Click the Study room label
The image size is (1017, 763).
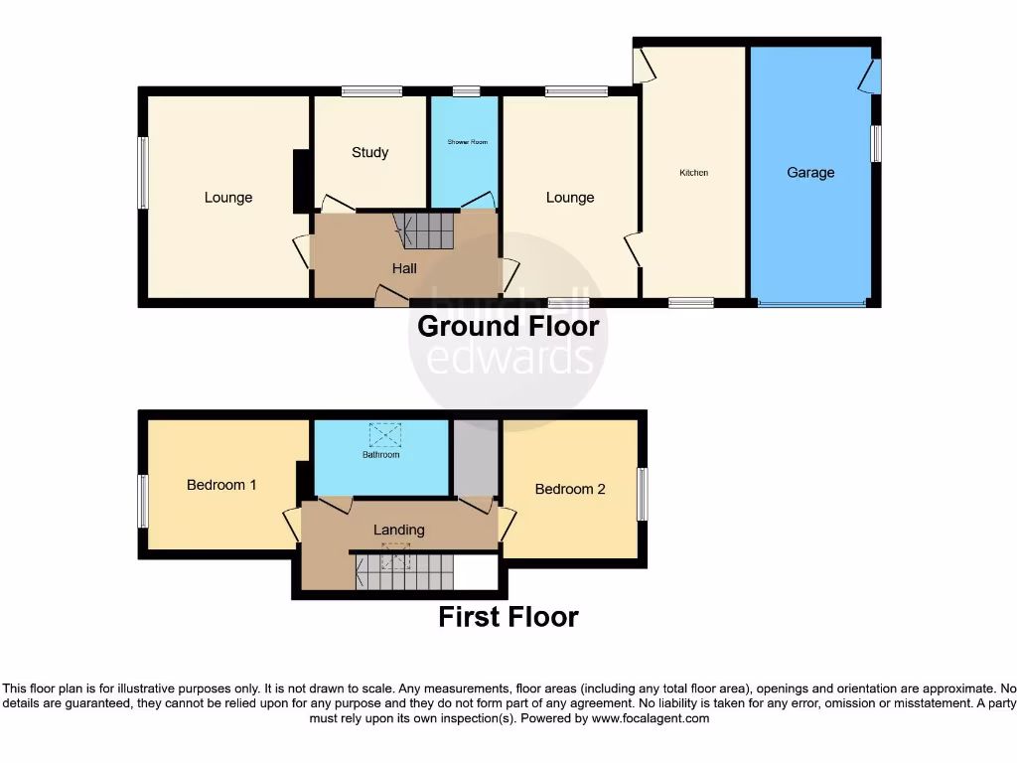tap(369, 152)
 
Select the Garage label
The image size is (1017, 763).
tap(810, 173)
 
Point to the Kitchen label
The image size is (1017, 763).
tap(693, 173)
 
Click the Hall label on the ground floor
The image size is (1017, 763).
tap(404, 268)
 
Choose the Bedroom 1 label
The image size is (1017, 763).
tap(221, 485)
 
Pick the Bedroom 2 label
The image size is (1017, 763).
tap(570, 489)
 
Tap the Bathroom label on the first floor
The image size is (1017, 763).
tap(380, 455)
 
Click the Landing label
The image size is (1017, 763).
tap(398, 530)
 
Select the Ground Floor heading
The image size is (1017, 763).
tap(508, 326)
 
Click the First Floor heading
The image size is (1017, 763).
tap(508, 617)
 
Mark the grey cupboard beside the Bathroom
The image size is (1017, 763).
tap(475, 457)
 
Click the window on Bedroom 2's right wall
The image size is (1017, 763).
tap(642, 494)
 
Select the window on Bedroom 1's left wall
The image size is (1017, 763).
tap(143, 501)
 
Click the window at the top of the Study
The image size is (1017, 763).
tap(371, 91)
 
